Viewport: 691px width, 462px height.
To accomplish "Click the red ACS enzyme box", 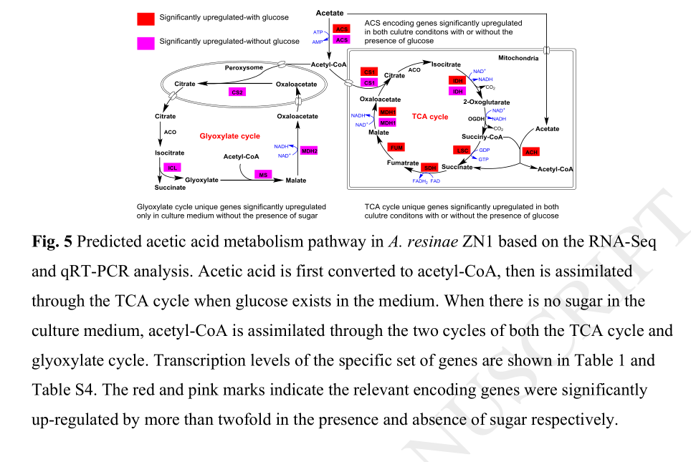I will coord(342,29).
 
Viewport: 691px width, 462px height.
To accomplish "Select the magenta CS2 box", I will coord(238,92).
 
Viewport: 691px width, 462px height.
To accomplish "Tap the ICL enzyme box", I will coord(172,168).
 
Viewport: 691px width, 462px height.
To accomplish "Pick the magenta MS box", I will coord(264,174).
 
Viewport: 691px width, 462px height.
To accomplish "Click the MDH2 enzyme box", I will coord(309,151).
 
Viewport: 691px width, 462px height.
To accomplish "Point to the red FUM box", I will coord(396,147).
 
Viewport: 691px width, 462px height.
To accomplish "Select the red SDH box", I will coord(430,168).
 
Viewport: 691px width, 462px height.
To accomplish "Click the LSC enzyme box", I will coord(462,150).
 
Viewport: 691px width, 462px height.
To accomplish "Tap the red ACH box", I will coord(530,152).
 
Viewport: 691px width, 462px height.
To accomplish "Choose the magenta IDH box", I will coord(457,91).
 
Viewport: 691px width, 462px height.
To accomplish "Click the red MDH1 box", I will coord(388,112).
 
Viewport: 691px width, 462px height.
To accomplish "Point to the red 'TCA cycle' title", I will coord(430,117).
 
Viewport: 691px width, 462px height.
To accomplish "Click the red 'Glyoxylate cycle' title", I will coord(229,136).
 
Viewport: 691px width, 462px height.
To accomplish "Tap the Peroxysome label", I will coord(244,67).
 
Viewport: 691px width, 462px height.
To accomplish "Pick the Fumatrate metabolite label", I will coord(403,163).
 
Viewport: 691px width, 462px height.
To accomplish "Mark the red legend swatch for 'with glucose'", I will coord(146,17).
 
